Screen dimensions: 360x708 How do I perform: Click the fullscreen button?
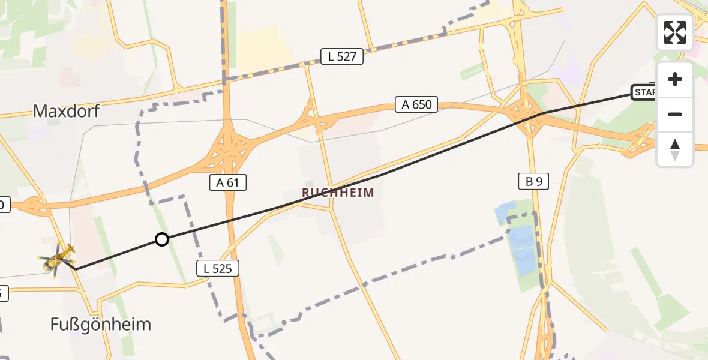pos(675,32)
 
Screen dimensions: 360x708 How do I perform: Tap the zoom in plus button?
pos(675,79)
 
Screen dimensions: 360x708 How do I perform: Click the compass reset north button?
pos(675,149)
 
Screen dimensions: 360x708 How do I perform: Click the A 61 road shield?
pos(228,183)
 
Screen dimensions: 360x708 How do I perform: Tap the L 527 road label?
pos(342,57)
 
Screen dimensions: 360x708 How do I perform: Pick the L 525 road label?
pos(218,269)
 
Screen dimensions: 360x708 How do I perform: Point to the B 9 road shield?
pos(533,181)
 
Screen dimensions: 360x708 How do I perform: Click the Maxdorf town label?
pos(66,111)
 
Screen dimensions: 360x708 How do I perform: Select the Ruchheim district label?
pos(338,193)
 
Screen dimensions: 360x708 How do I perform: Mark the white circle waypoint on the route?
pos(161,240)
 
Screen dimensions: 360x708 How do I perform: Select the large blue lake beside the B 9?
pos(521,249)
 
